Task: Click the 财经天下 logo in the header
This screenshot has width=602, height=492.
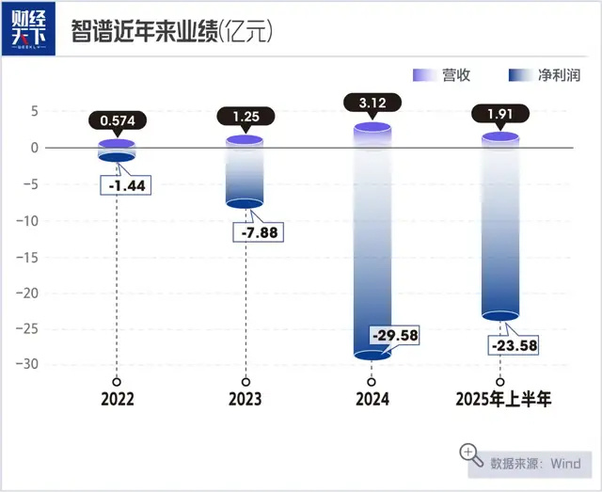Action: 28,29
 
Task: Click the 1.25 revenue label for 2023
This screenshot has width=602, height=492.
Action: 246,116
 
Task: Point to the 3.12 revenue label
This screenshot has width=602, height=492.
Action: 373,102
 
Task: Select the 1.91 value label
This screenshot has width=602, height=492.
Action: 500,115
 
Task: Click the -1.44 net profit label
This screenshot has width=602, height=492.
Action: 125,185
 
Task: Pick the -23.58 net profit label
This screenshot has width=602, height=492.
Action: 515,345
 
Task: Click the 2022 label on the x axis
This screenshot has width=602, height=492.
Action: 117,400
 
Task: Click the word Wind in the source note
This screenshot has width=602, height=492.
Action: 566,463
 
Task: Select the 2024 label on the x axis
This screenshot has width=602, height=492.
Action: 372,400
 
